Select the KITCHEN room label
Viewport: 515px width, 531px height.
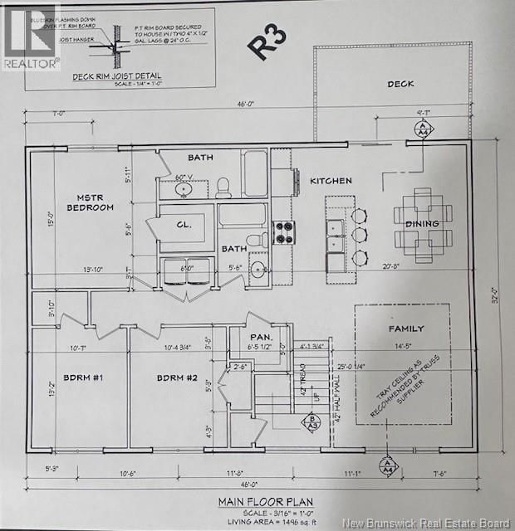pos(331,180)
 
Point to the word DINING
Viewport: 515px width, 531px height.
pos(422,224)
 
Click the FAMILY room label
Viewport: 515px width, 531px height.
pos(406,329)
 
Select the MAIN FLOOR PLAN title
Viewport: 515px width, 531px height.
pos(257,501)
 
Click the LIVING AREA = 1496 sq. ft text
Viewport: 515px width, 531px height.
pos(257,520)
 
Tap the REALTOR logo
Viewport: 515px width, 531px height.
pos(31,37)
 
